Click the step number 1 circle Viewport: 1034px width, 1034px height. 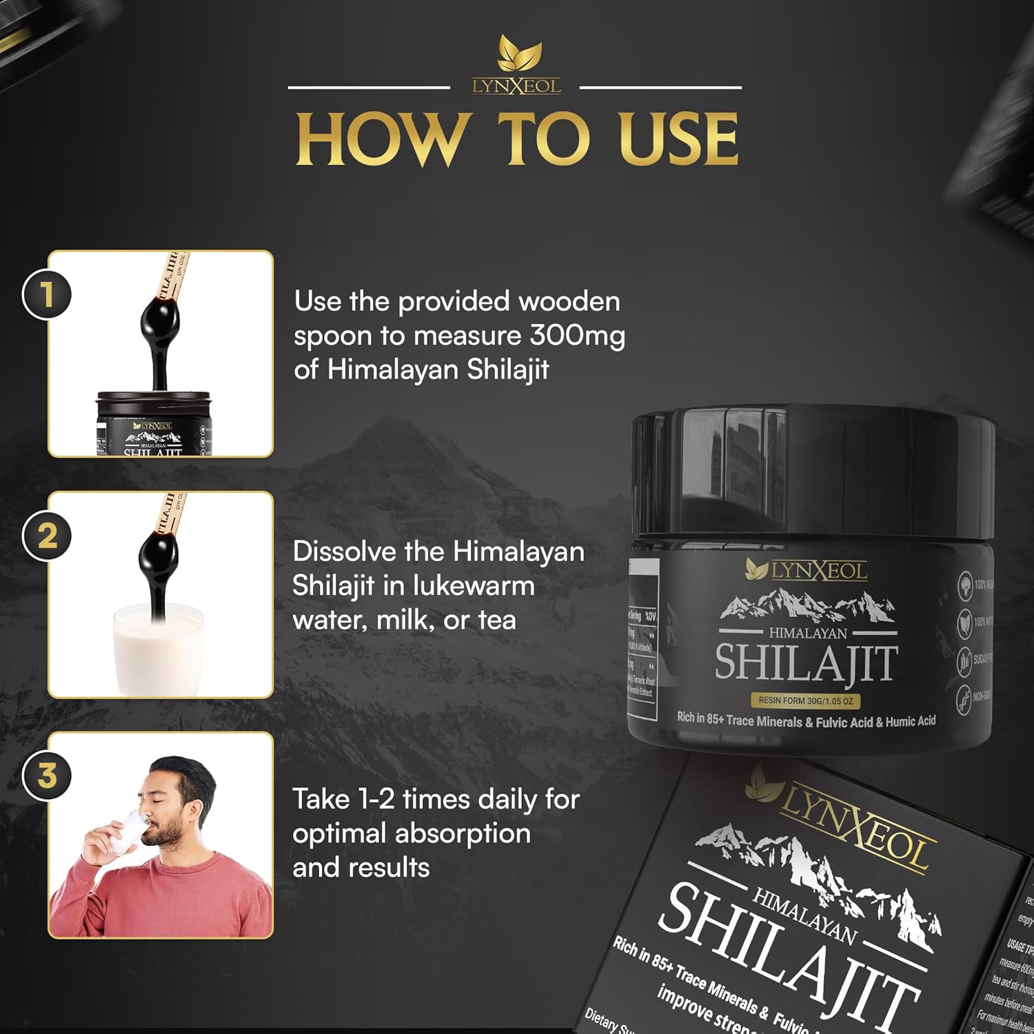(47, 295)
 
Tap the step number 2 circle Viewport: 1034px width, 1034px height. (47, 536)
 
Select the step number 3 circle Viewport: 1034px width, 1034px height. (47, 775)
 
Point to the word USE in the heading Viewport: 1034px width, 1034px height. (678, 139)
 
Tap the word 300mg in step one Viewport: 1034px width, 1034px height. (577, 336)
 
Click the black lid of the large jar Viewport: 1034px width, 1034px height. (813, 469)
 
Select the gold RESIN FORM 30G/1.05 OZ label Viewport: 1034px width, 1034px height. (805, 700)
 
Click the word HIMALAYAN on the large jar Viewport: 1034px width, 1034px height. (807, 633)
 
